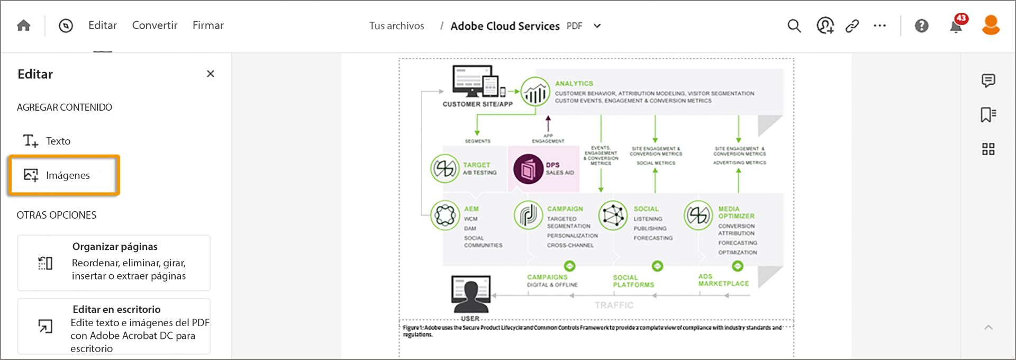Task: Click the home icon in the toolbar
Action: click(x=23, y=25)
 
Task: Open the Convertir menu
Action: click(x=155, y=25)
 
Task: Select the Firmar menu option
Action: click(x=208, y=25)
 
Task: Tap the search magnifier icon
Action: click(x=794, y=25)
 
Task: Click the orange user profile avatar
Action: click(x=991, y=25)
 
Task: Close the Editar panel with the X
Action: click(x=210, y=74)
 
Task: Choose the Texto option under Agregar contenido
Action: click(x=58, y=141)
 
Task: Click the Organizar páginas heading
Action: click(x=115, y=246)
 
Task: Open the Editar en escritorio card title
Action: click(x=116, y=309)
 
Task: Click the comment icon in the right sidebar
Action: click(x=988, y=80)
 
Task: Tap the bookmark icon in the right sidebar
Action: click(x=988, y=114)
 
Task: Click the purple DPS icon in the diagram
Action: click(x=528, y=169)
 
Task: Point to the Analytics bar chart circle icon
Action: click(x=535, y=92)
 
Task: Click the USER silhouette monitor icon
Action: click(x=470, y=294)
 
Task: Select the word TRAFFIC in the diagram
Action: click(x=614, y=305)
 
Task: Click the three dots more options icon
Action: click(x=879, y=25)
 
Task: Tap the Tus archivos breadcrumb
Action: click(x=396, y=25)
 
